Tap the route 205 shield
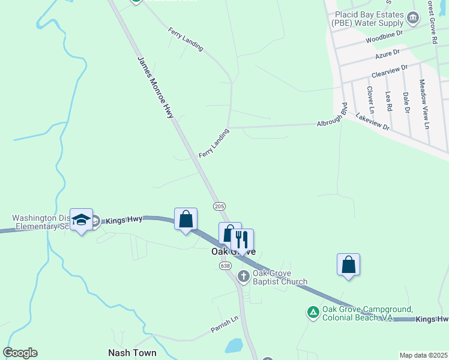tap(219, 206)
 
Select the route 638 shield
tap(225, 265)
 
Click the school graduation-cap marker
tap(82, 220)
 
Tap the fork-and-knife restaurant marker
tap(242, 239)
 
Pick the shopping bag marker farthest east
tap(348, 265)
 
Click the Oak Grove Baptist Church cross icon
tap(243, 276)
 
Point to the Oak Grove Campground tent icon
tap(313, 312)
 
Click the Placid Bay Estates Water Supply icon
tap(413, 18)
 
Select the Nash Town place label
tap(132, 353)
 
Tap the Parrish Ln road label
tap(224, 325)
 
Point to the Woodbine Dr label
tap(384, 40)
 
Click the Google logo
tap(20, 353)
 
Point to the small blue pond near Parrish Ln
tap(233, 346)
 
